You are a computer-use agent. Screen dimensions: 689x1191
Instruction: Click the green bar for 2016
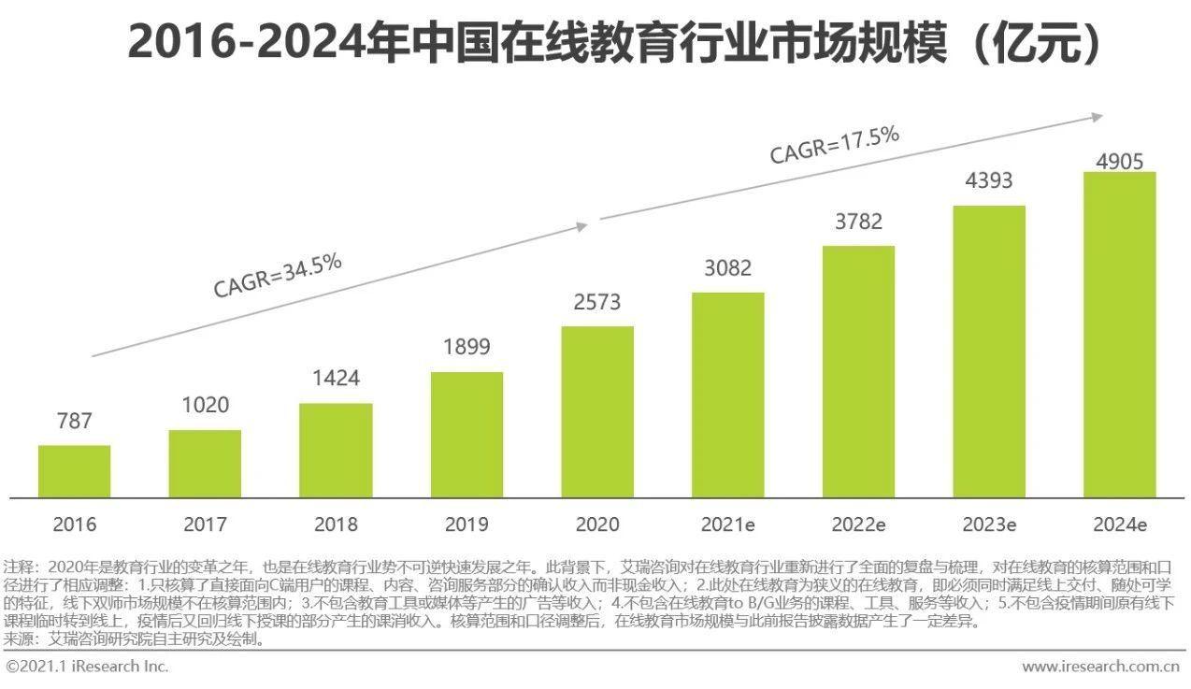pos(74,471)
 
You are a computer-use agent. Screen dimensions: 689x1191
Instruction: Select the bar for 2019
pos(466,435)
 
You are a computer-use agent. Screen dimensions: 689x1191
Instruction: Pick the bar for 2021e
pos(727,395)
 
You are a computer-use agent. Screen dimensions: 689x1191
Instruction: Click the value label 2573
pos(596,303)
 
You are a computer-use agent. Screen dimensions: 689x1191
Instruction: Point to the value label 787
pos(74,421)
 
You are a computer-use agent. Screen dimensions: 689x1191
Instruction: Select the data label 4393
pos(988,181)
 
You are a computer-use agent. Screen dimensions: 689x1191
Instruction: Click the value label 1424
pos(336,379)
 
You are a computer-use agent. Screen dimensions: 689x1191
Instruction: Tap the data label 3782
pos(857,222)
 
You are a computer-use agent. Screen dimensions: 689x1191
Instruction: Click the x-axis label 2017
pos(205,524)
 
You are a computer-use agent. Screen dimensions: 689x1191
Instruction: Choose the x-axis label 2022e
pos(858,524)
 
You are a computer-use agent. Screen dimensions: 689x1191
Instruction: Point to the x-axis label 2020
pos(597,524)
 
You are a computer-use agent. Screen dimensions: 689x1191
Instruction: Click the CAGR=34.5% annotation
pos(278,275)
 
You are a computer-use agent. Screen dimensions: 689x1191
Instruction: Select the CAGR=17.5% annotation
pos(834,146)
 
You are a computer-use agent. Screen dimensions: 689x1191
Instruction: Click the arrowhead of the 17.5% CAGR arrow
pos(1098,117)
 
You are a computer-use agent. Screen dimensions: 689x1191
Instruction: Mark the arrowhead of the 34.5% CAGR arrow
pos(582,225)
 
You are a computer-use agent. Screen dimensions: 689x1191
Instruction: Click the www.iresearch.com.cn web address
pos(1100,667)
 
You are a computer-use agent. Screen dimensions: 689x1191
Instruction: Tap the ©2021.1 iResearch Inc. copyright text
pos(87,667)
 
